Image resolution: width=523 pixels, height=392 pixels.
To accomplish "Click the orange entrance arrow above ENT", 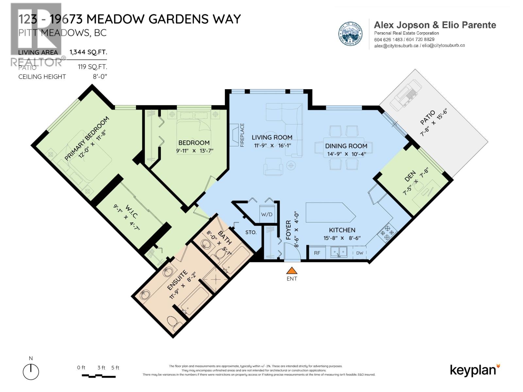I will pos(292,271).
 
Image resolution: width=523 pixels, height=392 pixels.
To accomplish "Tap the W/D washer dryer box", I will pos(267,215).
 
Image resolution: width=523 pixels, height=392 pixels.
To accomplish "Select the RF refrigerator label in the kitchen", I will pos(317,253).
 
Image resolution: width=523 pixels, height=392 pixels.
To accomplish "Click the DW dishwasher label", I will pos(360,253).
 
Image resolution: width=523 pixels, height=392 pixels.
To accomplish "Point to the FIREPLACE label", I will pos(242,135).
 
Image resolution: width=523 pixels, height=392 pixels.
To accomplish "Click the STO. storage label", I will pos(251,232).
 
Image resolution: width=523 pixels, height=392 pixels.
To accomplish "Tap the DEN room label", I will pos(410,176).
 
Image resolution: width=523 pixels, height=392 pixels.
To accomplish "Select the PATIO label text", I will pos(428,117).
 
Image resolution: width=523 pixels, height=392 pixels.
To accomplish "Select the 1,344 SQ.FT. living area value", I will pos(88,52).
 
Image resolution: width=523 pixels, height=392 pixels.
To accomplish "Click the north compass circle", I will pos(31,372).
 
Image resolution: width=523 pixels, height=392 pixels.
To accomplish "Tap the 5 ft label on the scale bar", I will pos(115,367).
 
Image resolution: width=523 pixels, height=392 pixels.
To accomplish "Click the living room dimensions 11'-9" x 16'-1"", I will pos(272,145).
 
